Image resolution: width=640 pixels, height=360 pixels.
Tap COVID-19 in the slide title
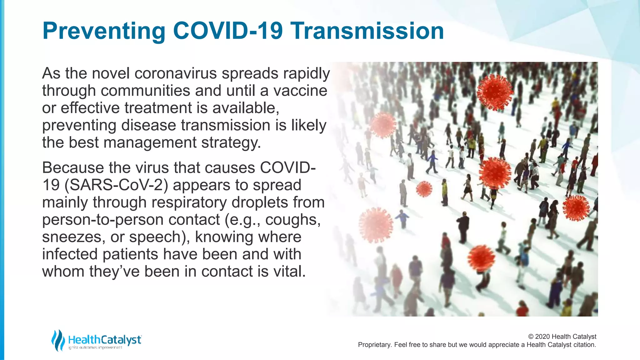pyautogui.click(x=228, y=31)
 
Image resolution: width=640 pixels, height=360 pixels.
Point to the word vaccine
pyautogui.click(x=300, y=91)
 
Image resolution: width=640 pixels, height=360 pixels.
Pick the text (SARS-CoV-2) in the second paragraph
pyautogui.click(x=116, y=185)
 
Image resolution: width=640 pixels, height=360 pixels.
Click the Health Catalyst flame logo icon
pyautogui.click(x=58, y=340)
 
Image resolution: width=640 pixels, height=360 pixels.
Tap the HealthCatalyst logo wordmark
pyautogui.click(x=105, y=340)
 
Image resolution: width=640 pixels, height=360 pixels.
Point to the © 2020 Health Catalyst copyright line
pyautogui.click(x=562, y=337)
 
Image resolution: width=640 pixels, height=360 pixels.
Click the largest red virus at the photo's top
pyautogui.click(x=494, y=92)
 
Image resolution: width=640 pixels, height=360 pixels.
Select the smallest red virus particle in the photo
pyautogui.click(x=424, y=189)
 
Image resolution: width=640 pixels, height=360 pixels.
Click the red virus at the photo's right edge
pyautogui.click(x=576, y=208)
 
